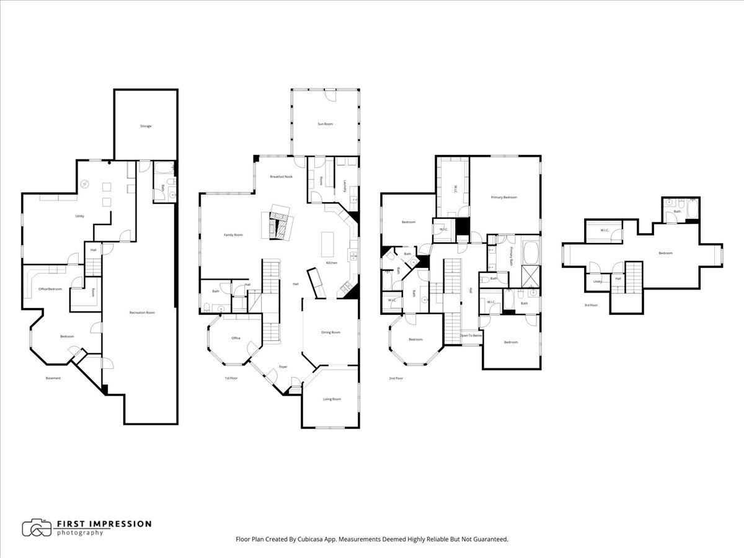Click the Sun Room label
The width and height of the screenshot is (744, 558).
pyautogui.click(x=325, y=124)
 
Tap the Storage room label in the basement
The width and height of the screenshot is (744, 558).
pyautogui.click(x=145, y=126)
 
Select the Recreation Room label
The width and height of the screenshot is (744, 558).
pyautogui.click(x=142, y=312)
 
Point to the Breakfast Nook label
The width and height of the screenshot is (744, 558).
pyautogui.click(x=281, y=177)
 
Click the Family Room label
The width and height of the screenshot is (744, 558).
pyautogui.click(x=233, y=235)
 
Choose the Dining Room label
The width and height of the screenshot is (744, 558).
pyautogui.click(x=330, y=332)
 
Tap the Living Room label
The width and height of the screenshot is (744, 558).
pyautogui.click(x=332, y=399)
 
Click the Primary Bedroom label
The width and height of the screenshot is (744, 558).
pyautogui.click(x=503, y=197)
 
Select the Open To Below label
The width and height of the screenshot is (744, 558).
pyautogui.click(x=471, y=335)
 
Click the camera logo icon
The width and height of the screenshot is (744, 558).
pyautogui.click(x=37, y=528)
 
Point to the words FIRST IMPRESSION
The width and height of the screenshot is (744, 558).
pyautogui.click(x=104, y=524)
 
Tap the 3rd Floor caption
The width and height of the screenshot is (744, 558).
pyautogui.click(x=591, y=305)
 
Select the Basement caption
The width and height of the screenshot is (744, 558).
pyautogui.click(x=53, y=378)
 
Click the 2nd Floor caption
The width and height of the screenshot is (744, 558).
pyautogui.click(x=396, y=378)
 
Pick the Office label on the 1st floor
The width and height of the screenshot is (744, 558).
pyautogui.click(x=236, y=338)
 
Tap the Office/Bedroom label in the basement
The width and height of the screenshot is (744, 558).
pyautogui.click(x=50, y=288)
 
